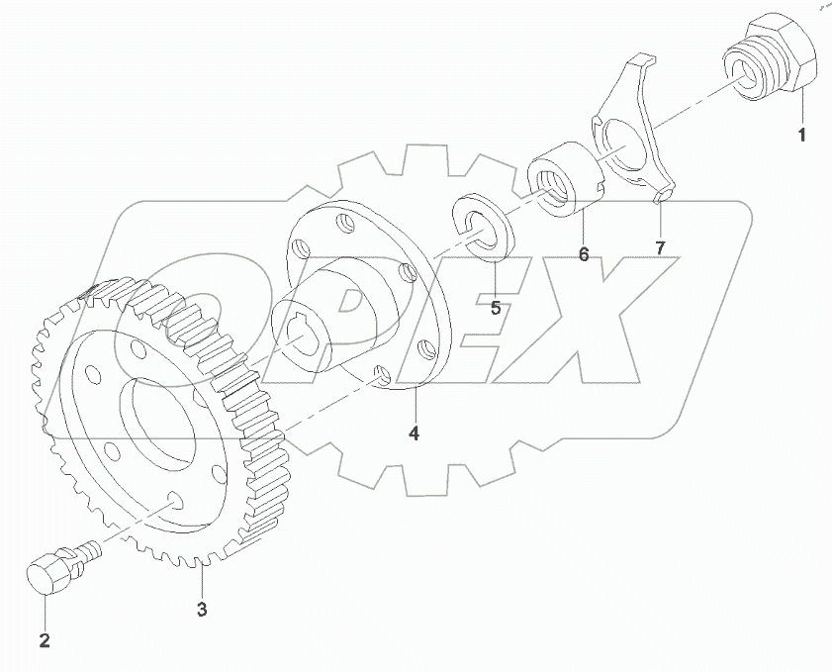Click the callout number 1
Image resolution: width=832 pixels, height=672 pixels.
[x=802, y=133]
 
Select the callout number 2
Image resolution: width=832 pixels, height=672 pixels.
[x=44, y=640]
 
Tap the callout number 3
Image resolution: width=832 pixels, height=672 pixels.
[x=202, y=610]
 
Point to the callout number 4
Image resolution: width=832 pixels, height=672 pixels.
[x=415, y=432]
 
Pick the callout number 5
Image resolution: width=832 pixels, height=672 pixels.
[x=496, y=307]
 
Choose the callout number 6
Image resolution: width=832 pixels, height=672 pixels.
[x=584, y=254]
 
